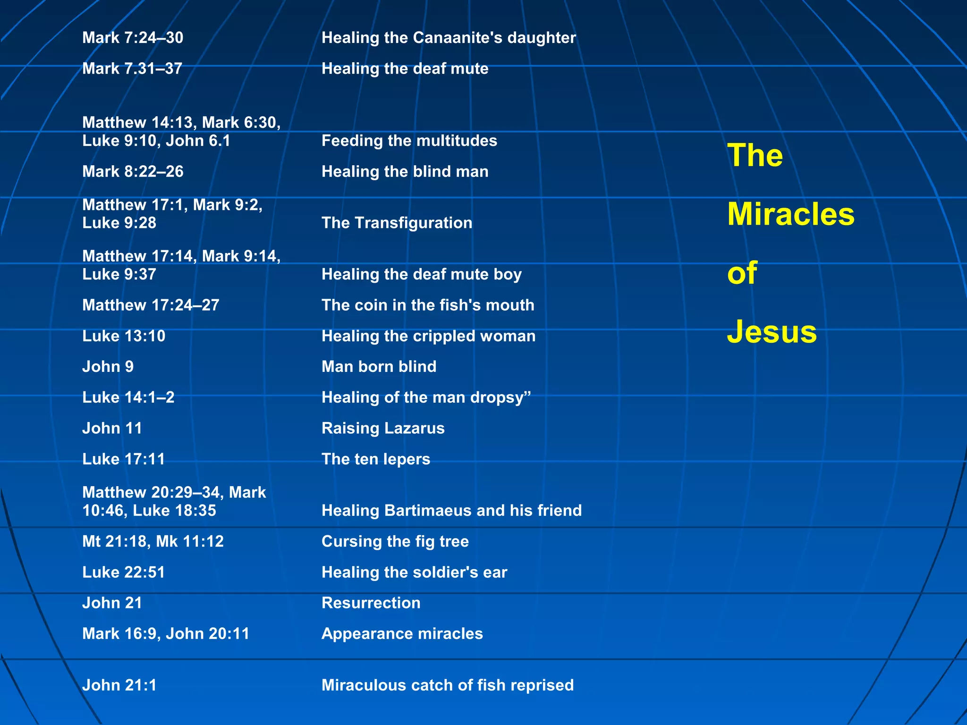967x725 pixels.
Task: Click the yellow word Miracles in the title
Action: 790,214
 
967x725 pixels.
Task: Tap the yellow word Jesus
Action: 772,331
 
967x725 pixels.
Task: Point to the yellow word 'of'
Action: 742,273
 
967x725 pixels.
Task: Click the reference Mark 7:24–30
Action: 133,38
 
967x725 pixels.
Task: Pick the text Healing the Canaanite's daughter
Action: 449,38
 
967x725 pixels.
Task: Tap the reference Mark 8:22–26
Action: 133,171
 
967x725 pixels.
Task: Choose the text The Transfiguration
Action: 397,223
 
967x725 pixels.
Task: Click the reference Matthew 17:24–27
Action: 151,305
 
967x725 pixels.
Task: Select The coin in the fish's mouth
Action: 428,305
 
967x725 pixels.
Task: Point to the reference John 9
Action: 108,366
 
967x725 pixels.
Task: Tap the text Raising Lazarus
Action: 383,428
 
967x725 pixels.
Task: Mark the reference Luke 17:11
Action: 124,459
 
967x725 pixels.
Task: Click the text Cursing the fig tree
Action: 395,541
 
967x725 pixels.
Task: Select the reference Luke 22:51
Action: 124,572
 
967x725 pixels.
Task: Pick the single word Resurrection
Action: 371,603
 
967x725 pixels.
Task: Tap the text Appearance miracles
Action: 402,633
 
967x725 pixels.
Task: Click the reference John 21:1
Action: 119,685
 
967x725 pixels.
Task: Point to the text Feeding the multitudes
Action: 409,141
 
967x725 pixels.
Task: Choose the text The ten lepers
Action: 376,459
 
